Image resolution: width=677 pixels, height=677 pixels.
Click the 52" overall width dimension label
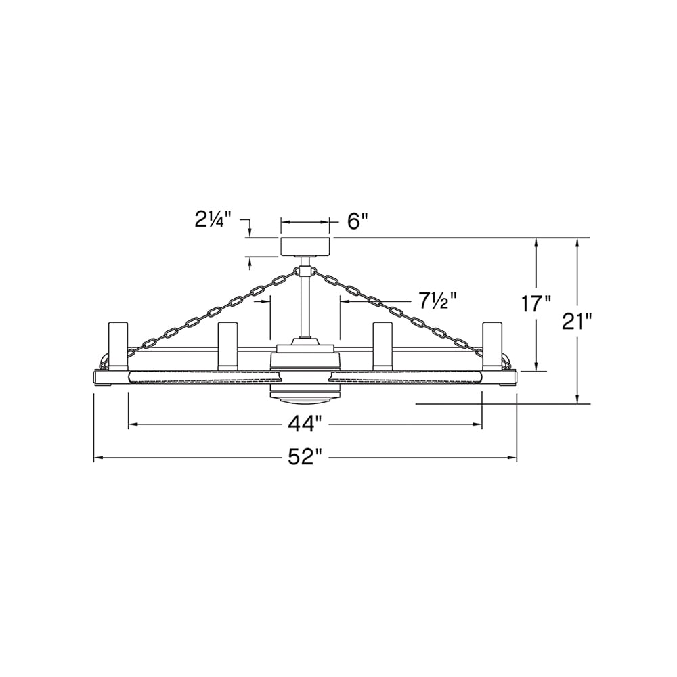(x=303, y=458)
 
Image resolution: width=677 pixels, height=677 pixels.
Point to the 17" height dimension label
(x=538, y=303)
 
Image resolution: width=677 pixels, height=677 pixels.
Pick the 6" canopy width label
(x=357, y=221)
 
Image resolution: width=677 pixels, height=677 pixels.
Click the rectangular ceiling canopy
(x=305, y=246)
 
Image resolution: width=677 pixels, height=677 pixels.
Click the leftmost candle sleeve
(x=118, y=345)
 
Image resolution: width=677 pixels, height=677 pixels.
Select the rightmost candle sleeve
(x=492, y=345)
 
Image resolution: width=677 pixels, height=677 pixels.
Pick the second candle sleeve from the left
(x=227, y=345)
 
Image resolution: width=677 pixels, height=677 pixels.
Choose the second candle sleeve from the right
(x=383, y=345)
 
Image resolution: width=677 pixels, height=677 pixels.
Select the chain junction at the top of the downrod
(x=305, y=271)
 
